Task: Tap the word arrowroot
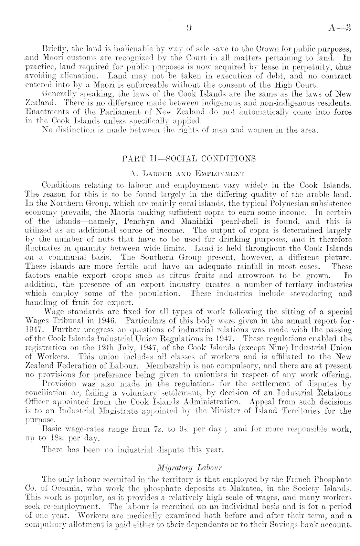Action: (256, 276)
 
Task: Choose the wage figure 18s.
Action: (49, 438)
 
